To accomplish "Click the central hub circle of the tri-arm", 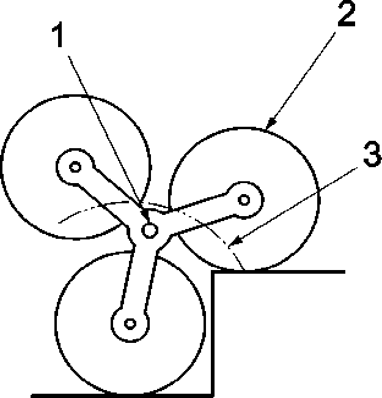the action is (x=150, y=230).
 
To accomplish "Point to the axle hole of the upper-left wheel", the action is (x=75, y=166).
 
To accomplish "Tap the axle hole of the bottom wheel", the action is (x=129, y=323).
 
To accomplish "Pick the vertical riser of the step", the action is (x=213, y=334).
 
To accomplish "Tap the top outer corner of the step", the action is (x=213, y=271).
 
